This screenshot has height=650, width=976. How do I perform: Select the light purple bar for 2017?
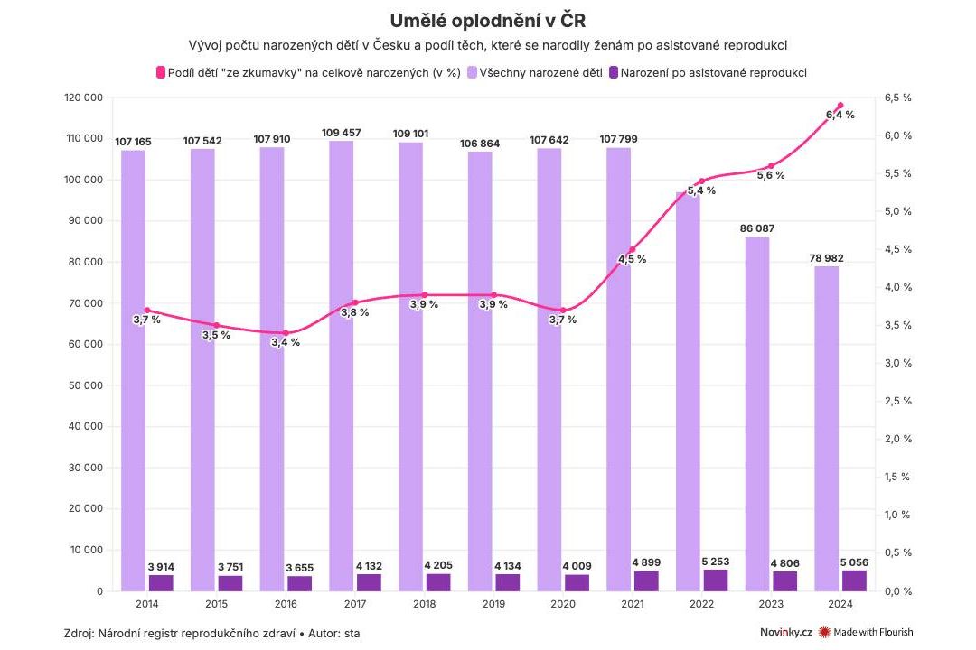point(341,361)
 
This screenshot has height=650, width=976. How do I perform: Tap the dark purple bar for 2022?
point(716,580)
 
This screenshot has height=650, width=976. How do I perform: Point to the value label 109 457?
point(341,133)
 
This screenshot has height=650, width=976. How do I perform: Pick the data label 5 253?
point(716,561)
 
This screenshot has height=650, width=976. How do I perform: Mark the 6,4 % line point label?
point(840,115)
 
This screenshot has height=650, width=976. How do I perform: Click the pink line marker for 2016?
point(286,333)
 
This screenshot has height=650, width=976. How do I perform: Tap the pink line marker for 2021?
point(633,250)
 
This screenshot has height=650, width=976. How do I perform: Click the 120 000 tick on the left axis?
point(83,97)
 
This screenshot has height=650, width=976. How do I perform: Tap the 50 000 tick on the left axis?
point(87,385)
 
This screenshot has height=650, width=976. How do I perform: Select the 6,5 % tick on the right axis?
point(897,97)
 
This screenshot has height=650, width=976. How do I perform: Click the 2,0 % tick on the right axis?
point(897,439)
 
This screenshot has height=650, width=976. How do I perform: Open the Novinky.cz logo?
point(786,633)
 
